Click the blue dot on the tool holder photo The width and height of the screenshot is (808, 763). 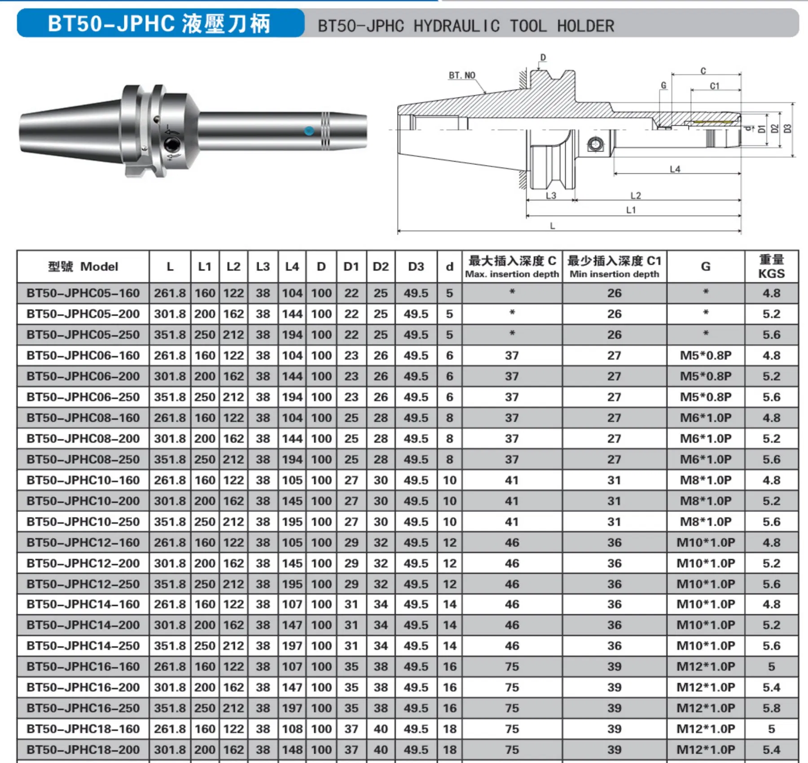pyautogui.click(x=309, y=131)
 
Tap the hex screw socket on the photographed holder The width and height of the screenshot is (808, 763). pyautogui.click(x=171, y=145)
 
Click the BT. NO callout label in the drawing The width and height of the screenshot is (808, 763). pyautogui.click(x=462, y=75)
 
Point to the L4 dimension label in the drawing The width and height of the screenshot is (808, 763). pyautogui.click(x=675, y=169)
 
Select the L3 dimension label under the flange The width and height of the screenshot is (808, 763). pyautogui.click(x=551, y=196)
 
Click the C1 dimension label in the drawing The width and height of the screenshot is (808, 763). pyautogui.click(x=715, y=86)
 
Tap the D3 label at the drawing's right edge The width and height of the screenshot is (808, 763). pyautogui.click(x=787, y=129)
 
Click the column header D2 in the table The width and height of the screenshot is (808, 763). pyautogui.click(x=380, y=267)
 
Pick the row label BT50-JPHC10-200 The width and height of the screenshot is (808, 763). pyautogui.click(x=83, y=501)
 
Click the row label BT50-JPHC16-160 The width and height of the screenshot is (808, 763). pyautogui.click(x=83, y=667)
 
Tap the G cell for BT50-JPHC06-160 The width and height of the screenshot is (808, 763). pyautogui.click(x=705, y=355)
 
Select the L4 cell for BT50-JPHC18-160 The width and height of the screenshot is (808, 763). pyautogui.click(x=292, y=729)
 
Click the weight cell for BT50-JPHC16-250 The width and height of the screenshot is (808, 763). pyautogui.click(x=771, y=708)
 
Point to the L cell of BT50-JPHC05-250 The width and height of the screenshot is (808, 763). pyautogui.click(x=170, y=335)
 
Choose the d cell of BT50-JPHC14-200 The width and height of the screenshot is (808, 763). pyautogui.click(x=449, y=625)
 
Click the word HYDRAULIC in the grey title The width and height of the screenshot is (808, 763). pyautogui.click(x=457, y=26)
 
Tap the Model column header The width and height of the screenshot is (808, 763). pyautogui.click(x=83, y=267)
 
